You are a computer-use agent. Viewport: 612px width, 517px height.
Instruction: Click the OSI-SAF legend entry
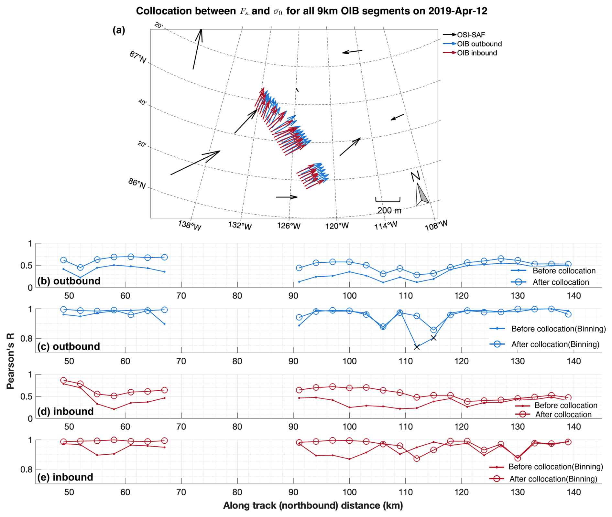(470, 35)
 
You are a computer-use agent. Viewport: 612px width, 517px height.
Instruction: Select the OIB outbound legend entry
(479, 44)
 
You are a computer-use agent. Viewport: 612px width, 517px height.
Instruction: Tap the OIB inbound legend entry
(476, 53)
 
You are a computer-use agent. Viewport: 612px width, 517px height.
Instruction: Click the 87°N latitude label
(137, 57)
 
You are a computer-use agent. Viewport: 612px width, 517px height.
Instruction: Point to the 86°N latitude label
(137, 183)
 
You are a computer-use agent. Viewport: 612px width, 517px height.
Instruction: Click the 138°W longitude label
(190, 225)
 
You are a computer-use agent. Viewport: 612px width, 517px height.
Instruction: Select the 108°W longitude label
(436, 225)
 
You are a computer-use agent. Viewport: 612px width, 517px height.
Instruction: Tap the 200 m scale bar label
(389, 211)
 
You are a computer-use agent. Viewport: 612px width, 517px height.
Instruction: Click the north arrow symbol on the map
(421, 194)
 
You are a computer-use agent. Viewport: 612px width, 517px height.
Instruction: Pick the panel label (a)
(119, 30)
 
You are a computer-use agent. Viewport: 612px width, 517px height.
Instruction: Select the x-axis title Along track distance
(313, 505)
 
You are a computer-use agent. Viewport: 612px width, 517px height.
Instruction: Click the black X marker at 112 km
(417, 347)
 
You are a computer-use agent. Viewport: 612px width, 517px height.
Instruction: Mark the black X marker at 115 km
(433, 338)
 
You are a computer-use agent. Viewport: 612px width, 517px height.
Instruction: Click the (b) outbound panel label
(69, 281)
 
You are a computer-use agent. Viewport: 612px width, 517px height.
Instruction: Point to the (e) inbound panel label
(65, 477)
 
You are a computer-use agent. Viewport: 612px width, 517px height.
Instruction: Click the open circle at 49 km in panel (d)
(64, 380)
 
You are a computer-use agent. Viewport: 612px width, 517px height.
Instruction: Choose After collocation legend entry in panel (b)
(560, 282)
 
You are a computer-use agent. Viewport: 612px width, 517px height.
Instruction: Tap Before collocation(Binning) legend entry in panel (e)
(555, 467)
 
